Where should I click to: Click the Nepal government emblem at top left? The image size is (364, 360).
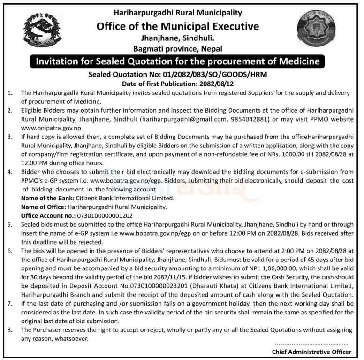[42, 32]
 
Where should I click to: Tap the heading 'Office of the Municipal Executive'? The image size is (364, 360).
[178, 26]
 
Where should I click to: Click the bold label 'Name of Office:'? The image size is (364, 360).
[44, 207]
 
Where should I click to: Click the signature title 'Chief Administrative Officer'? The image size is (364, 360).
[311, 352]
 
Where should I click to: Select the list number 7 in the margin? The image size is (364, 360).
[10, 304]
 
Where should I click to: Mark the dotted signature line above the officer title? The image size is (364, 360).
[311, 344]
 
